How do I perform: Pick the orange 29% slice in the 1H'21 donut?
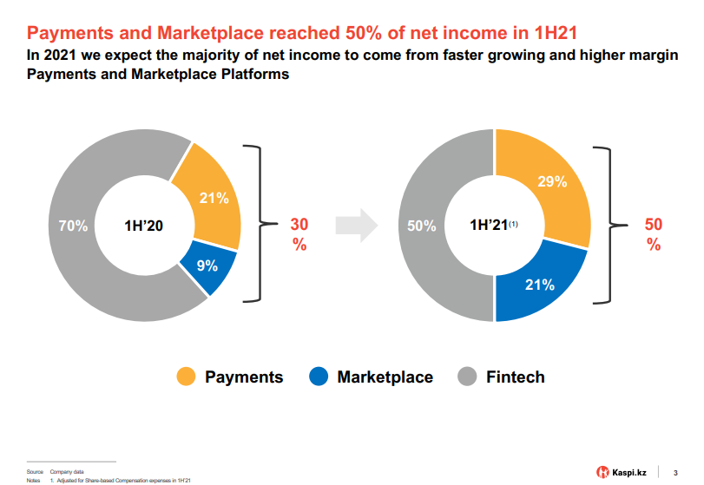[x=552, y=183]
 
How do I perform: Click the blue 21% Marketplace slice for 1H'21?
[x=540, y=284]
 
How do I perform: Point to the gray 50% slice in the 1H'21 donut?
[x=423, y=226]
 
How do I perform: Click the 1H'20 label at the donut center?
[x=145, y=226]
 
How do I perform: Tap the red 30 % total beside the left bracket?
[x=299, y=234]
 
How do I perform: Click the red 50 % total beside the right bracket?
[x=654, y=234]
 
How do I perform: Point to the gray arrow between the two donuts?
[x=357, y=225]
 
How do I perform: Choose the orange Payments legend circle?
[x=187, y=377]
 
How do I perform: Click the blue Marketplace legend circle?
[x=319, y=377]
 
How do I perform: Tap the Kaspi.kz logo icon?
[x=602, y=472]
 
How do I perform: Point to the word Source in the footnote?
[x=35, y=471]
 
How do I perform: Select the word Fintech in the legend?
[x=516, y=377]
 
